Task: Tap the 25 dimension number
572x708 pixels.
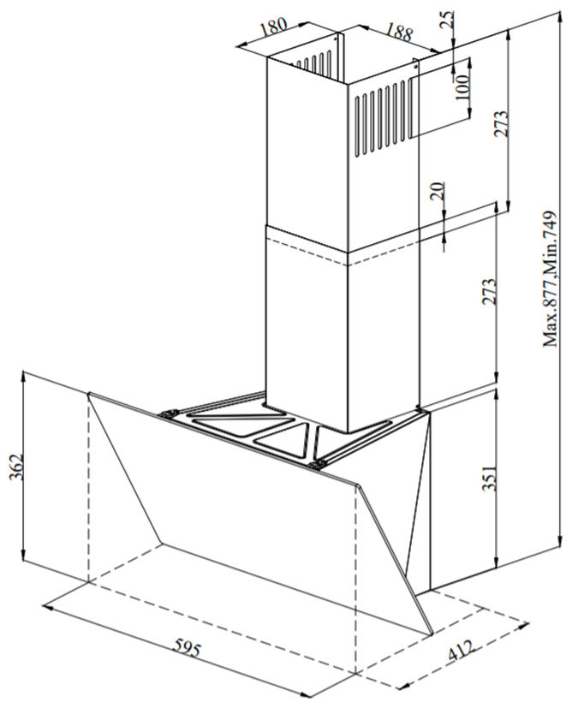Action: [x=447, y=21]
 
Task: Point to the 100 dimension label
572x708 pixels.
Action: [x=462, y=86]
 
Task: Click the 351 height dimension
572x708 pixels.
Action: [x=489, y=477]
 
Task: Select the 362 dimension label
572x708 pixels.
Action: [x=17, y=467]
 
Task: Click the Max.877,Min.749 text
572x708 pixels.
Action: [x=550, y=278]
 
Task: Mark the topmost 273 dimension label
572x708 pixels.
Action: [x=501, y=122]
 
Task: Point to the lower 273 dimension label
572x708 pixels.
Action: [x=489, y=292]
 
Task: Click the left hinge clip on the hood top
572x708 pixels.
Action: [x=168, y=413]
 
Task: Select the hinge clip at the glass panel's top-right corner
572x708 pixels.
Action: [x=319, y=464]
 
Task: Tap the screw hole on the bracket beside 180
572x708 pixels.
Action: [x=336, y=39]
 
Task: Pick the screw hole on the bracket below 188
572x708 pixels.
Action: [x=416, y=65]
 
